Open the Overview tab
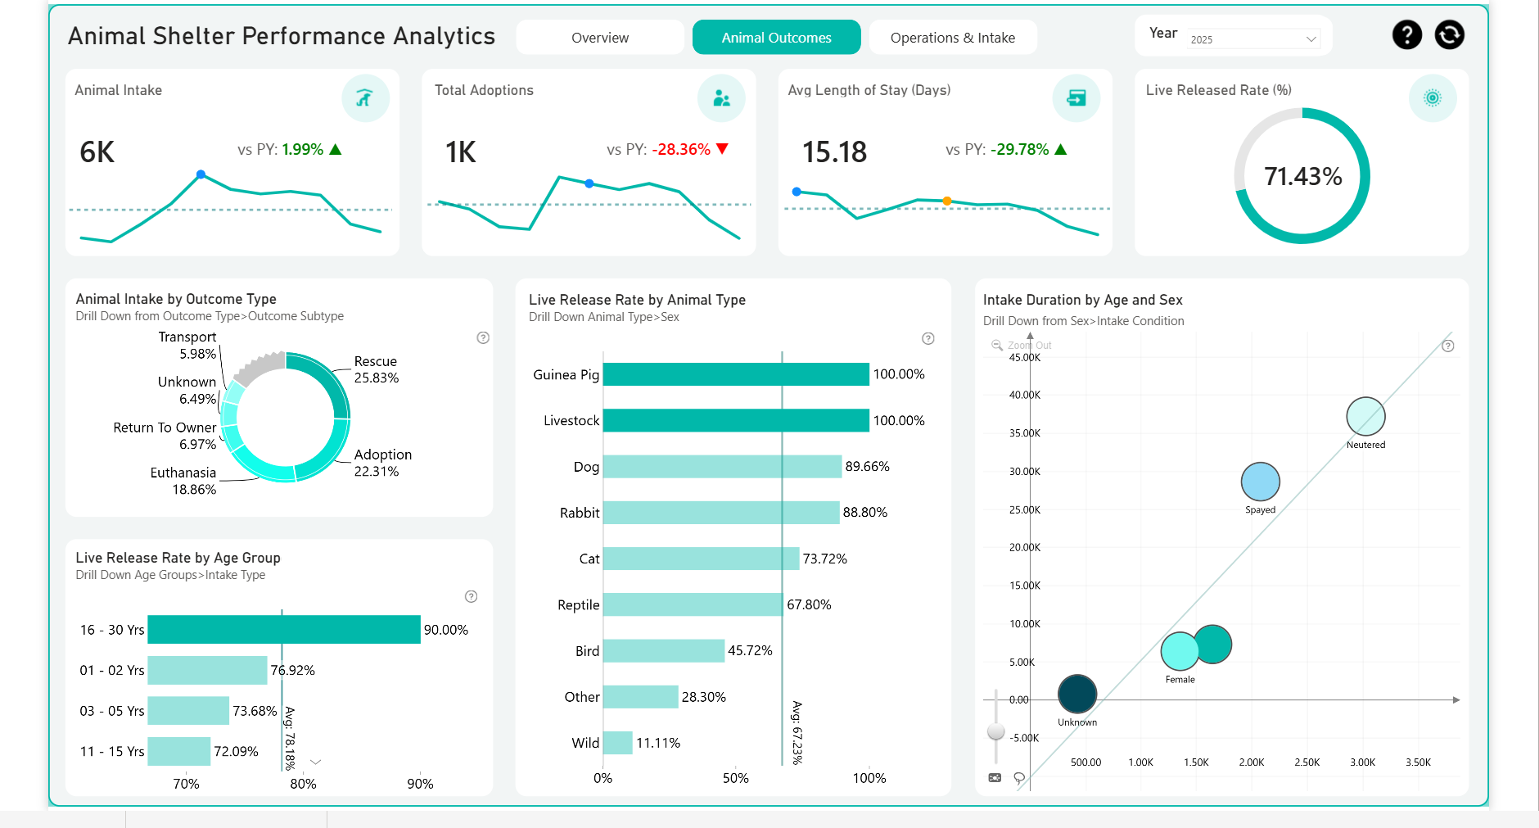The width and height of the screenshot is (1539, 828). click(x=600, y=38)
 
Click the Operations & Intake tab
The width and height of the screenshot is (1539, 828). click(x=952, y=38)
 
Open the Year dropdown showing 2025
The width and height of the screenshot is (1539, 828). click(x=1253, y=39)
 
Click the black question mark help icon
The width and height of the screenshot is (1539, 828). click(x=1406, y=35)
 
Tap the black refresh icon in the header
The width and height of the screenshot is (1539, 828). click(x=1449, y=35)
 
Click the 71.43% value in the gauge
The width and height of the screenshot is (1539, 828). click(x=1302, y=176)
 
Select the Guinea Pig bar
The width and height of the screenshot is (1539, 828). click(x=735, y=374)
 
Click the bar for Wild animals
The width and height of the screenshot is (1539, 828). click(x=618, y=743)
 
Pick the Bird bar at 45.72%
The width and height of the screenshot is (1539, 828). click(x=663, y=651)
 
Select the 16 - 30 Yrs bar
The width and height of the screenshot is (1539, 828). click(x=283, y=630)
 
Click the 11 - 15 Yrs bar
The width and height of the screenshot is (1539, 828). click(x=178, y=751)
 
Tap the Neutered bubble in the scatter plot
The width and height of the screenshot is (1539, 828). click(x=1365, y=416)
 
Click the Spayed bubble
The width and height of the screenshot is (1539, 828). click(x=1260, y=482)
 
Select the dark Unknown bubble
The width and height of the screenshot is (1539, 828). click(x=1076, y=694)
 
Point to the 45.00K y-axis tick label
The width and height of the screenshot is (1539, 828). click(x=1024, y=357)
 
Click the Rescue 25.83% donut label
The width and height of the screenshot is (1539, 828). click(x=376, y=369)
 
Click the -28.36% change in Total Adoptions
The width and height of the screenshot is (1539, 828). click(x=680, y=150)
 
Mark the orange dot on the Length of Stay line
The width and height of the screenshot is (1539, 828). click(x=947, y=201)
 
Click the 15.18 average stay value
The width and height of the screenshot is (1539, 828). click(x=834, y=152)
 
